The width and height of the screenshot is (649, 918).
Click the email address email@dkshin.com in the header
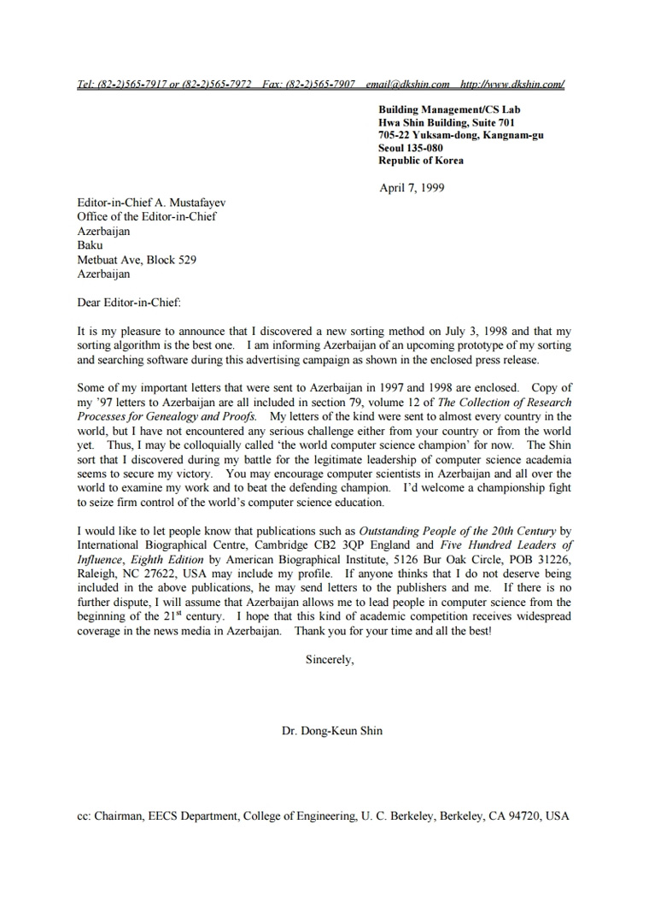point(407,84)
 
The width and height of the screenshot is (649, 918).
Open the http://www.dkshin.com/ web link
point(512,84)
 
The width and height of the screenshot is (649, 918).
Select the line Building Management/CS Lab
point(449,109)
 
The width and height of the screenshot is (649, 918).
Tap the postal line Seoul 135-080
point(412,147)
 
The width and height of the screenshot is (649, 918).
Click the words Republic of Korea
point(421,160)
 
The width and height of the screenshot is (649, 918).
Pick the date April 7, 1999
point(412,188)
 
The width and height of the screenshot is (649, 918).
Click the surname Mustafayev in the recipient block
point(196,203)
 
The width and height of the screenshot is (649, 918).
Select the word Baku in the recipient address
point(90,245)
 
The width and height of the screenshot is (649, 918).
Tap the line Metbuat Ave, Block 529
point(137,260)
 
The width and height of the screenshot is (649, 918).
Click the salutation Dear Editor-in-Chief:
point(129,302)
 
